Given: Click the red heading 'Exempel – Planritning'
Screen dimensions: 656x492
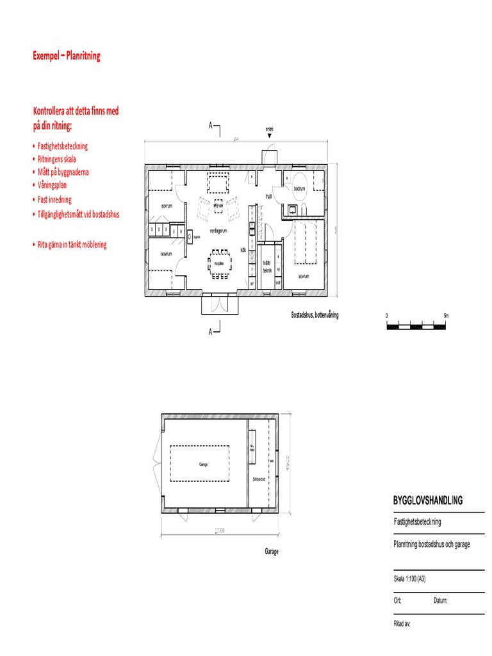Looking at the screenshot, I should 66,56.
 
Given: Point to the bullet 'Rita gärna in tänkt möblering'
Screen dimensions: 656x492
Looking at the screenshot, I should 72,245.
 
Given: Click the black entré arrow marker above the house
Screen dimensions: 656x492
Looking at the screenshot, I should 270,136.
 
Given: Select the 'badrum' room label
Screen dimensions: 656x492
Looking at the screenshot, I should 299,189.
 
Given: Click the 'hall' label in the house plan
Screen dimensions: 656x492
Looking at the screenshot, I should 270,197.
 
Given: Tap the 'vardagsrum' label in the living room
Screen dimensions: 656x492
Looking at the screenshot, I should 219,229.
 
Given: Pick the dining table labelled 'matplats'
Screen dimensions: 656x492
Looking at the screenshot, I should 218,264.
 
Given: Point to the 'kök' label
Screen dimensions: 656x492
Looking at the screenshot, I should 243,250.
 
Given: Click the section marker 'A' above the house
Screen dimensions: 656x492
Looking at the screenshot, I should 210,126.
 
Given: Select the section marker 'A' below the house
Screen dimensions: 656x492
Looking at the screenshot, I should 210,331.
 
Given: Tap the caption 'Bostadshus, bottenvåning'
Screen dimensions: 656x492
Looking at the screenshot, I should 315,315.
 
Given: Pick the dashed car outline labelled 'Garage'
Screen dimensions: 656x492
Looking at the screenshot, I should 203,464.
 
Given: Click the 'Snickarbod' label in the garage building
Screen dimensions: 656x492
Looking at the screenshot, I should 259,479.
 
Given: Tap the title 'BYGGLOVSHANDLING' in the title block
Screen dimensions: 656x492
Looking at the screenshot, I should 427,500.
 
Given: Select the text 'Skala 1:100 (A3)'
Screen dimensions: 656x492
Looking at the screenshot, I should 410,578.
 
